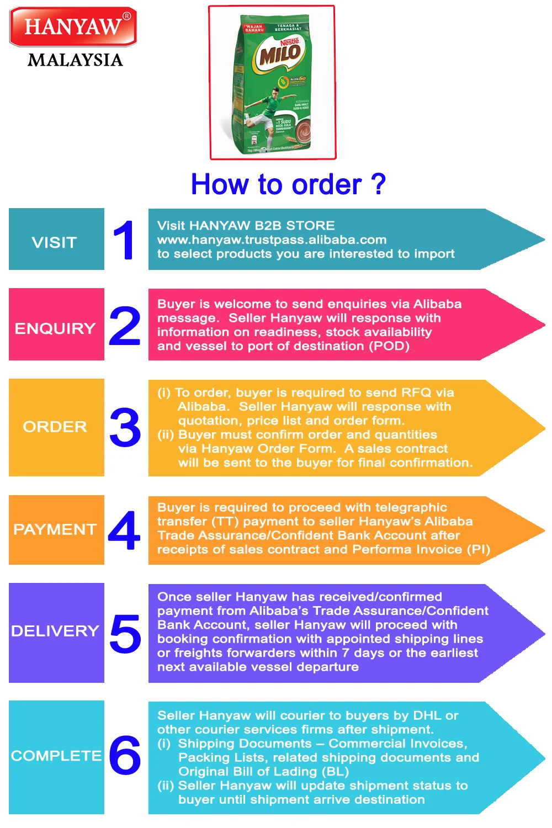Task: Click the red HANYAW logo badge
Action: [x=73, y=26]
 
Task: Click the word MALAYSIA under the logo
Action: [x=75, y=60]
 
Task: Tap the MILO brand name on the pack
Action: [x=280, y=55]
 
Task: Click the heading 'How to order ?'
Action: [x=288, y=184]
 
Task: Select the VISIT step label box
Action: [x=56, y=240]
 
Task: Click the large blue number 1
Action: [x=124, y=240]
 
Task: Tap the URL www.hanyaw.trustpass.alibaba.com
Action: [x=272, y=240]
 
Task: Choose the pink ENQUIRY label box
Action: [x=56, y=325]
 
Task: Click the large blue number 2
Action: [x=125, y=326]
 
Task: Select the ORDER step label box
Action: [x=56, y=427]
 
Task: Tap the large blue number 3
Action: [x=125, y=427]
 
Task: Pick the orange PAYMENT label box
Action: [x=56, y=530]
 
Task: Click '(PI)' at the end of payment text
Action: [x=478, y=549]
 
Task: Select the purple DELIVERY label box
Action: [x=56, y=632]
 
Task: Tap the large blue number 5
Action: [x=125, y=633]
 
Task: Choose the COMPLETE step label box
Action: [x=56, y=756]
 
